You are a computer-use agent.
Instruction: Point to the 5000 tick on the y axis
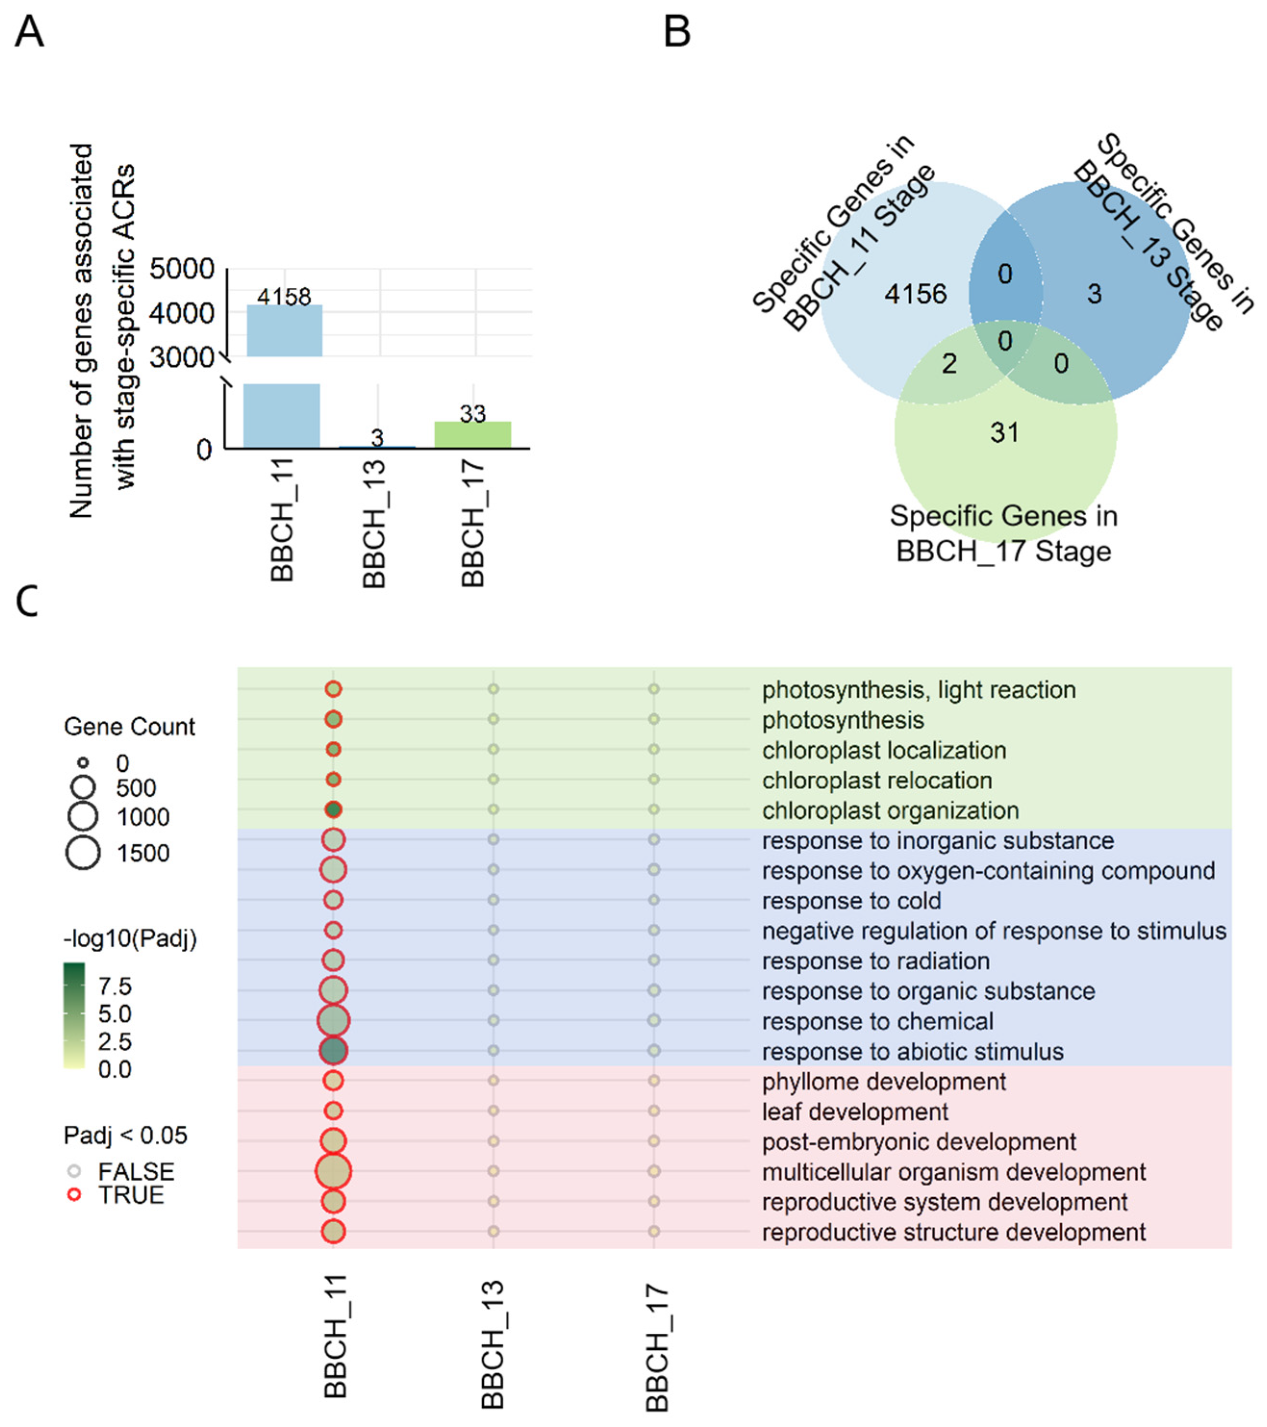click(x=182, y=269)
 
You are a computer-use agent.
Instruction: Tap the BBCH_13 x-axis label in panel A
click(x=375, y=523)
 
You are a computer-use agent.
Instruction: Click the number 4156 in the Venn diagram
click(x=915, y=294)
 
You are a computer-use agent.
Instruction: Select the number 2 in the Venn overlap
click(x=949, y=364)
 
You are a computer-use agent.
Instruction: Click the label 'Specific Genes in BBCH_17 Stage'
click(x=1004, y=534)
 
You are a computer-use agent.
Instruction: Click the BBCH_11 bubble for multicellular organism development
click(x=333, y=1171)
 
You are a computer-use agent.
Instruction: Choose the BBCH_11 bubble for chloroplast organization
click(x=333, y=810)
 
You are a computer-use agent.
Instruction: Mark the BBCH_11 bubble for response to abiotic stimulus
click(x=333, y=1051)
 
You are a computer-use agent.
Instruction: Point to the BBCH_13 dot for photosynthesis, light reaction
click(x=493, y=689)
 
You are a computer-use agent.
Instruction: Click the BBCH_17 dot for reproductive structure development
click(x=654, y=1231)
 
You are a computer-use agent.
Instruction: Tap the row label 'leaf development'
click(x=855, y=1111)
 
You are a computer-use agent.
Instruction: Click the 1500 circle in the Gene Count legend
click(x=83, y=853)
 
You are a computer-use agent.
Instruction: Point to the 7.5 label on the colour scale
click(x=114, y=986)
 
